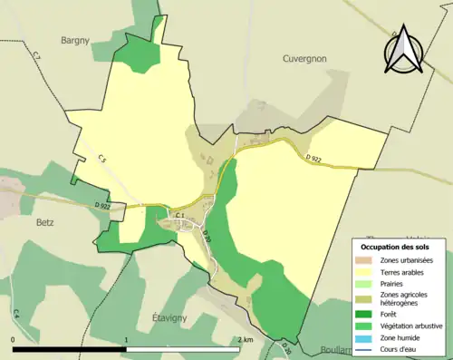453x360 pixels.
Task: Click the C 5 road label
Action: [102, 160]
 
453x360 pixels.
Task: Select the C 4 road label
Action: [16, 314]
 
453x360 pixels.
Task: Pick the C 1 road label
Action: [179, 215]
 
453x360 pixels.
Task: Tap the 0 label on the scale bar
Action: [14, 338]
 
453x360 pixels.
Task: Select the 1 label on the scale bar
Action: [126, 338]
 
